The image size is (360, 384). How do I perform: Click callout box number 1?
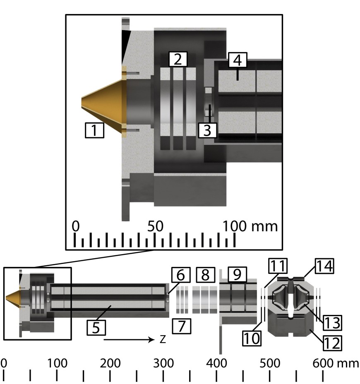point(94,130)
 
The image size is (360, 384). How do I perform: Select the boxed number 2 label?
point(178,59)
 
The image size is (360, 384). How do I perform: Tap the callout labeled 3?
point(207,130)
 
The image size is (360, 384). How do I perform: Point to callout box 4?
point(238,60)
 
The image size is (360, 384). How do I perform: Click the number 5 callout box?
point(96,328)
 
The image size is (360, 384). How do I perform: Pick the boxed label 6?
point(181,275)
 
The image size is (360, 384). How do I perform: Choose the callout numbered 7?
point(182,326)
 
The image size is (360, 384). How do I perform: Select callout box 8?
point(206,275)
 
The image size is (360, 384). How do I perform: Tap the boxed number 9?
point(237,274)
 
